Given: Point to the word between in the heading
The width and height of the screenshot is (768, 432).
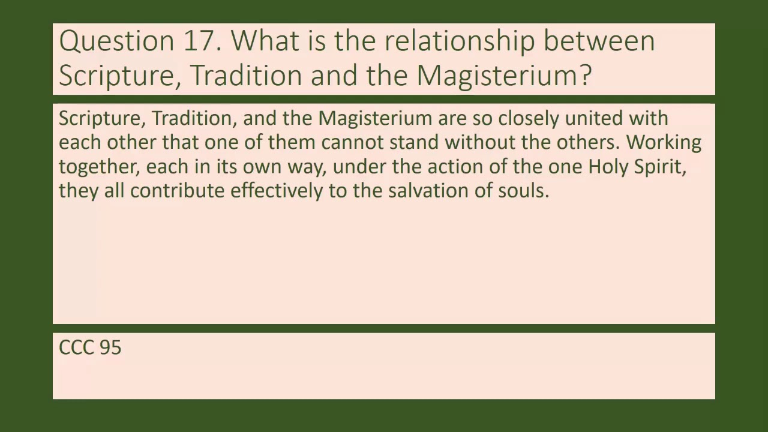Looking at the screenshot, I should [599, 41].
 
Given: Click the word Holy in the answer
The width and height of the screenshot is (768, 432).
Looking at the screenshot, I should [607, 167].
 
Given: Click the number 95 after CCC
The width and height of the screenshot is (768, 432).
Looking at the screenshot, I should [110, 347].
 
